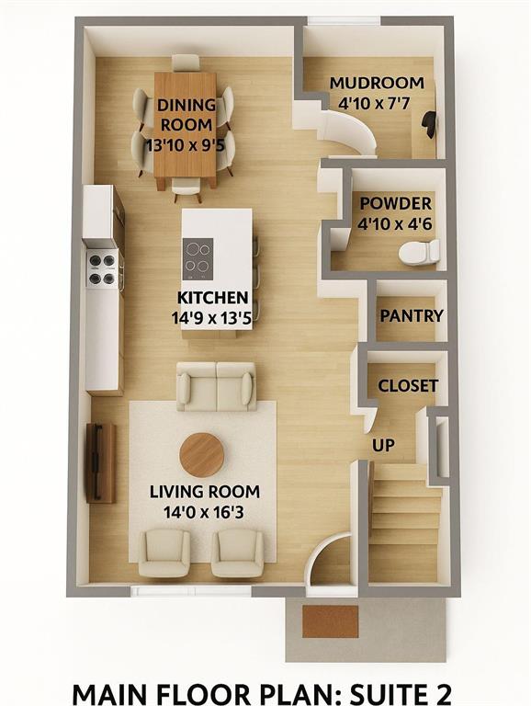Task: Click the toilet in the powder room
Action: [x=419, y=252]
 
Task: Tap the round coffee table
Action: [x=202, y=455]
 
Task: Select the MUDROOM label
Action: [x=377, y=83]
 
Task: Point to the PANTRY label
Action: [x=412, y=315]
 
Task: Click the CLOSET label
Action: [x=408, y=386]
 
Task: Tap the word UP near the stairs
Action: [x=383, y=445]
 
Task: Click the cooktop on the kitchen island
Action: [x=198, y=258]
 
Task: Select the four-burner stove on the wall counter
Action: [x=103, y=269]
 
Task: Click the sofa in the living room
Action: [x=217, y=386]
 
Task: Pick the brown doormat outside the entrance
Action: [x=331, y=621]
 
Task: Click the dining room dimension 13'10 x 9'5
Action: [x=185, y=145]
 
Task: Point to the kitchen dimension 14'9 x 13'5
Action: [x=211, y=318]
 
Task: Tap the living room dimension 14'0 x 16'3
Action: [x=204, y=512]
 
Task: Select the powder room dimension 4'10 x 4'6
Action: [x=395, y=223]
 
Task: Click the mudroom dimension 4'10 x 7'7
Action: [x=375, y=104]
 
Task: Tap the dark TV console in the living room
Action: [x=101, y=463]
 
